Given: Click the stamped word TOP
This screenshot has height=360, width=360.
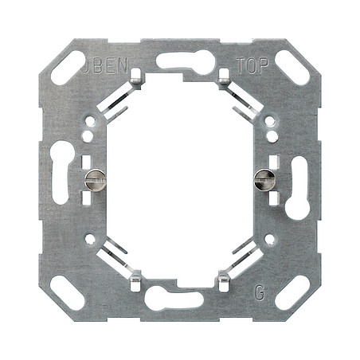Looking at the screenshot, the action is click(x=252, y=66).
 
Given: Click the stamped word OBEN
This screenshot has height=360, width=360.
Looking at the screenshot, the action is click(x=104, y=65).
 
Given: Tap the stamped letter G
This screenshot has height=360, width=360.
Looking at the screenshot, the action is click(x=260, y=293).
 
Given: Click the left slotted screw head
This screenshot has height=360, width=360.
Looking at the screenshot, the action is click(x=95, y=180).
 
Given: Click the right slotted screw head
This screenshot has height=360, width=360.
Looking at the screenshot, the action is click(x=264, y=180).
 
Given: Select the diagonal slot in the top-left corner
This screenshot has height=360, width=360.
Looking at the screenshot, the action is click(x=68, y=68).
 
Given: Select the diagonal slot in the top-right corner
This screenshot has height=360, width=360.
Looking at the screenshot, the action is click(x=292, y=68).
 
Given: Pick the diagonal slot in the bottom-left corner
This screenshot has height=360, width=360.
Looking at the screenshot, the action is click(x=68, y=292).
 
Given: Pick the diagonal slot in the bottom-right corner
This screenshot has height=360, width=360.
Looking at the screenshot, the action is click(x=292, y=292).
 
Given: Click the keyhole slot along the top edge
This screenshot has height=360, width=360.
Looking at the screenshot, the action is click(x=186, y=62).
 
